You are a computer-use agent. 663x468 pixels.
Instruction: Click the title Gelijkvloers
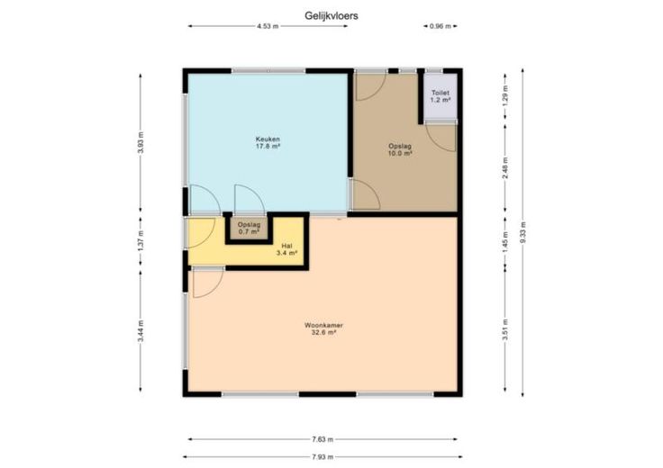pos(331,15)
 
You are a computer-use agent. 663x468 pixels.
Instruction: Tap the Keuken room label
pos(268,143)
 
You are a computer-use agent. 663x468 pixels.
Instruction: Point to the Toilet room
pos(440,97)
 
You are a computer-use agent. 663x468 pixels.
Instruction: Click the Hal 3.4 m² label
pos(286,249)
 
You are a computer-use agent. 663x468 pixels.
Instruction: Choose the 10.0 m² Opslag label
pos(400,150)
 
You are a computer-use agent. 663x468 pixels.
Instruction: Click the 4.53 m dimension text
pos(268,26)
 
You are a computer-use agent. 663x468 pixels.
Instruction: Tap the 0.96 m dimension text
pos(440,26)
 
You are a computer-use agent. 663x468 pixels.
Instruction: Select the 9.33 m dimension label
pos(522,232)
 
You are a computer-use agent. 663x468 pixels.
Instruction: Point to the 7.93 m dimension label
pos(322,456)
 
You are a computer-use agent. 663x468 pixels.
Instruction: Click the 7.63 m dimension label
pos(322,439)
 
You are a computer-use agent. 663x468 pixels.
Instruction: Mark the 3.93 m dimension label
pos(141,143)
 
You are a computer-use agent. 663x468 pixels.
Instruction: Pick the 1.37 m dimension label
pos(141,241)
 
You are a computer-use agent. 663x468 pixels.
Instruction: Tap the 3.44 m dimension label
pos(141,331)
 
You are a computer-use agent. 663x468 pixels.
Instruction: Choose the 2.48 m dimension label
pos(505,168)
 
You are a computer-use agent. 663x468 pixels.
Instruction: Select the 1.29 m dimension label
pos(505,96)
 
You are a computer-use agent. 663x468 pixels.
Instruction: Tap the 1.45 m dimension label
pos(505,242)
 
